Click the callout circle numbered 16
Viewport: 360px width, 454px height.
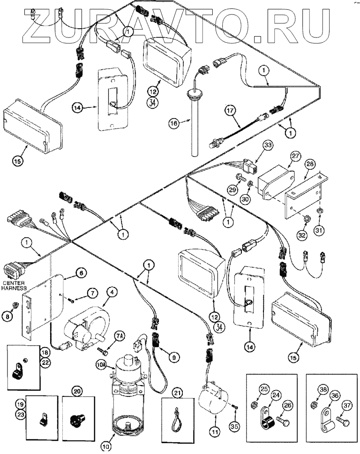pos(174,123)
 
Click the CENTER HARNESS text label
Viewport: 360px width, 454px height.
pos(15,286)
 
